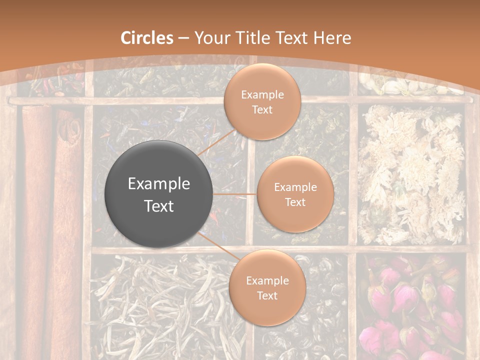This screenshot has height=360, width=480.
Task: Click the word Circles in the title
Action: coord(147,38)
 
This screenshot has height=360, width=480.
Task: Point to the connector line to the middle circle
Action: coord(235,193)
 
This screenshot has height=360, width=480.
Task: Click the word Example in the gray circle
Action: coord(159,184)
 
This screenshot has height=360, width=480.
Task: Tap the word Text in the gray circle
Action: coord(159,206)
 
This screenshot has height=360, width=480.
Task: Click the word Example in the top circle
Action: coord(262,94)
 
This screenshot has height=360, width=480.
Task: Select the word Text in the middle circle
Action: coord(295,202)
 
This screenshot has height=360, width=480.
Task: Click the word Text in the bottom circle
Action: coord(267,295)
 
